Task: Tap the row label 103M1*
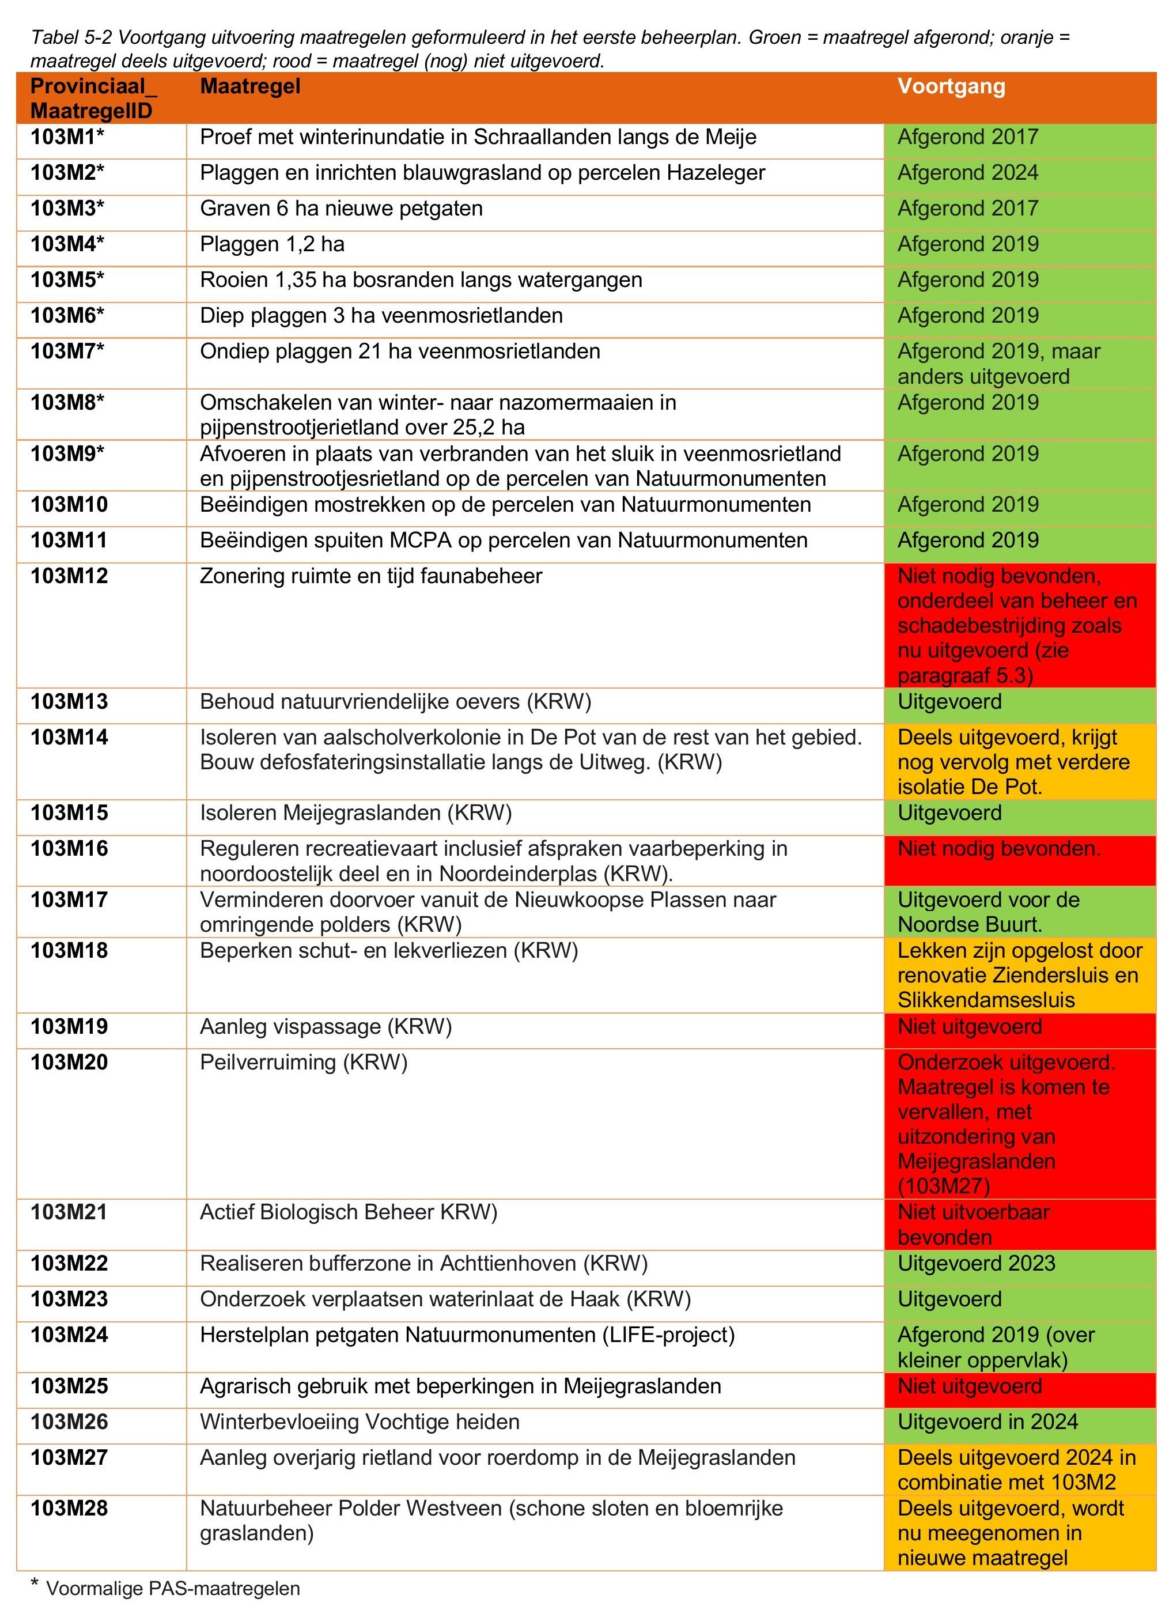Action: (x=67, y=137)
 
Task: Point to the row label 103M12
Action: (x=69, y=576)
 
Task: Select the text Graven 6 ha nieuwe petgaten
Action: (x=341, y=209)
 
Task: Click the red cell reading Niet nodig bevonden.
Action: (x=998, y=849)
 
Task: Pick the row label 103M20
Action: (x=69, y=1063)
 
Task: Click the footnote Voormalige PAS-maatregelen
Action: (x=172, y=1589)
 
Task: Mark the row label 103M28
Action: (x=69, y=1509)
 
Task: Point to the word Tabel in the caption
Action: (x=52, y=37)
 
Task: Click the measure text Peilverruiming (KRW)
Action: (x=303, y=1063)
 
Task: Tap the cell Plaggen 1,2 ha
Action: (x=272, y=244)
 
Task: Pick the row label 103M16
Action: (x=69, y=849)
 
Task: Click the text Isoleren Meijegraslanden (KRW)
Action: (x=355, y=813)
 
